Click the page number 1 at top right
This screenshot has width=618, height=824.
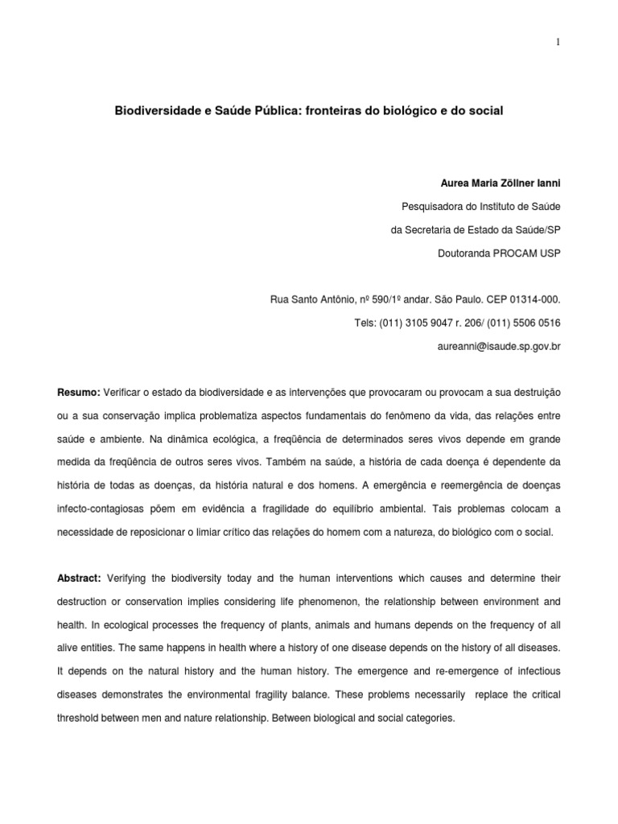pos(557,43)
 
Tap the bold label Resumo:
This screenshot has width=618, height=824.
pos(78,392)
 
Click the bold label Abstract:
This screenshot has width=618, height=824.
pos(79,579)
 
